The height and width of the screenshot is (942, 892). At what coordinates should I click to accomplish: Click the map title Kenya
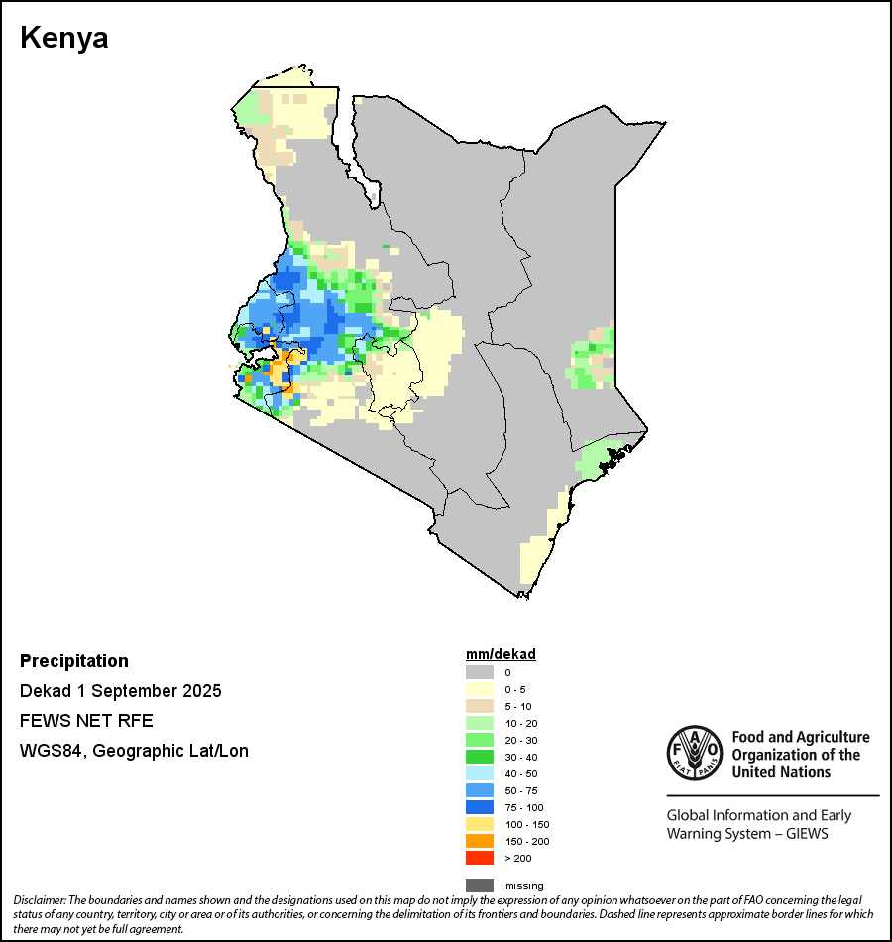pyautogui.click(x=64, y=39)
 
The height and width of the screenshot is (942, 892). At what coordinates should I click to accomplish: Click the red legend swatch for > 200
pyautogui.click(x=480, y=858)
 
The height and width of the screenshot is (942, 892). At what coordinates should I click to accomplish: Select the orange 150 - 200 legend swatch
pyautogui.click(x=480, y=841)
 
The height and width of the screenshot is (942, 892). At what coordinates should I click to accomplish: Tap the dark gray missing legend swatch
pyautogui.click(x=480, y=885)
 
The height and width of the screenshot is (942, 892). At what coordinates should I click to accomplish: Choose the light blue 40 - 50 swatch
pyautogui.click(x=480, y=773)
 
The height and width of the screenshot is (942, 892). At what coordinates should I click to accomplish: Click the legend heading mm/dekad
pyautogui.click(x=501, y=655)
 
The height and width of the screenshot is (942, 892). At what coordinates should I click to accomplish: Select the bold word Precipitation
pyautogui.click(x=74, y=661)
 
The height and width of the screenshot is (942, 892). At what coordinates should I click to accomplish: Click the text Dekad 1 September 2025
pyautogui.click(x=121, y=691)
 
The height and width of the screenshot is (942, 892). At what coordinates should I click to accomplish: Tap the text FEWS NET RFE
pyautogui.click(x=86, y=720)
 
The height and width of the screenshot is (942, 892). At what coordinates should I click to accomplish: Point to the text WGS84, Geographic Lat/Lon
pyautogui.click(x=134, y=751)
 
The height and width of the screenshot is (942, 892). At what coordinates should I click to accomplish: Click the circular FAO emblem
pyautogui.click(x=693, y=753)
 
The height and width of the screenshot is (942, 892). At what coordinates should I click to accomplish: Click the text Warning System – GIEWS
pyautogui.click(x=747, y=833)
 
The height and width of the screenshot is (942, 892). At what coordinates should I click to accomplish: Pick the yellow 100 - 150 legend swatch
pyautogui.click(x=480, y=824)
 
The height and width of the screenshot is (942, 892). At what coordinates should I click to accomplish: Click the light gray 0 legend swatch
pyautogui.click(x=480, y=672)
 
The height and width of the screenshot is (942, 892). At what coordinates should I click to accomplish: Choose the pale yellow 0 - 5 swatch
pyautogui.click(x=480, y=689)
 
